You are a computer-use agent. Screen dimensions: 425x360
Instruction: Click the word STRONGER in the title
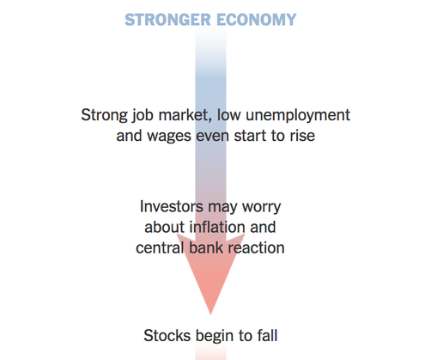point(167,20)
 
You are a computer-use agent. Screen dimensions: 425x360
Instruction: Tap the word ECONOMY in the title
point(257,20)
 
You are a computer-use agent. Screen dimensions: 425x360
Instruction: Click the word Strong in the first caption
point(104,115)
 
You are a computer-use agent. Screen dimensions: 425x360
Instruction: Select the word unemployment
point(298,115)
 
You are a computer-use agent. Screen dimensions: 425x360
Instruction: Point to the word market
point(184,115)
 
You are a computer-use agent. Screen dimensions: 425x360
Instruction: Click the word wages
point(169,137)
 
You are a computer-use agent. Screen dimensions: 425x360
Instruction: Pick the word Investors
point(172,206)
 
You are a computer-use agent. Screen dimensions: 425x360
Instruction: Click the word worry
point(262,207)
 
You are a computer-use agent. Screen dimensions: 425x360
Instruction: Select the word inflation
point(217,227)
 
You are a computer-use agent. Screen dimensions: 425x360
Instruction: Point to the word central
point(160,247)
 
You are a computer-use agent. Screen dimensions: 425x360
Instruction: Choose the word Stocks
point(167,335)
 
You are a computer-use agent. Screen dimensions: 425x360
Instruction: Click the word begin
point(215,336)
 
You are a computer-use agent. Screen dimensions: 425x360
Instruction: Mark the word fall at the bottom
point(267,335)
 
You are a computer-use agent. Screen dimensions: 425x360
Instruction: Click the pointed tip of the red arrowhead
point(210,314)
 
